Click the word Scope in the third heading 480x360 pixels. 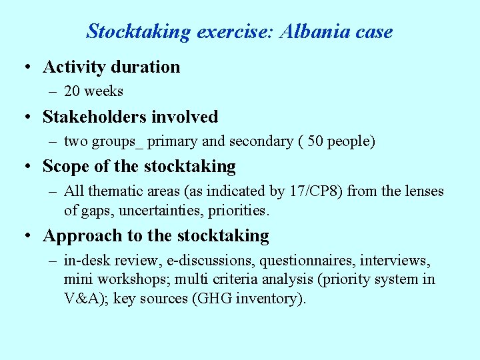click(65, 166)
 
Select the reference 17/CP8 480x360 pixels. click(313, 191)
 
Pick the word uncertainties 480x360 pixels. click(159, 211)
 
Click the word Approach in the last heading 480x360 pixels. click(75, 236)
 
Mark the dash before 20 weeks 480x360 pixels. click(53, 91)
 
